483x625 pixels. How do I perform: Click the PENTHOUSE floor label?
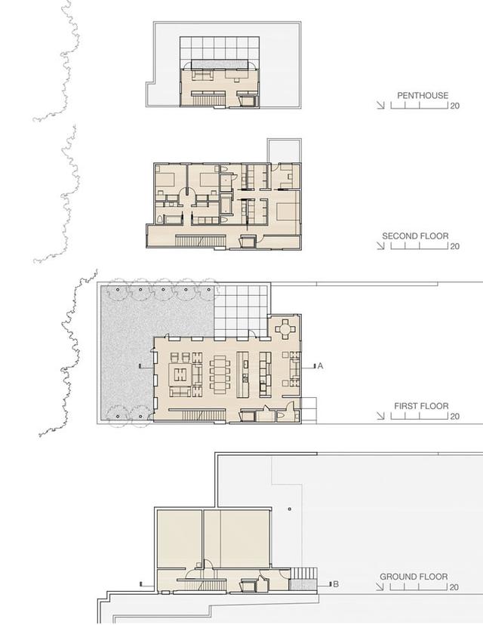coord(423,95)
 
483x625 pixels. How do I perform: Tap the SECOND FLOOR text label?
coord(415,236)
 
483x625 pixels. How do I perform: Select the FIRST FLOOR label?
coord(421,406)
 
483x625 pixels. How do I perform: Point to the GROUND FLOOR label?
coord(414,577)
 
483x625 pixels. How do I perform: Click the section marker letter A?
coord(320,365)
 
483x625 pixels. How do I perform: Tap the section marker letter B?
coord(336,584)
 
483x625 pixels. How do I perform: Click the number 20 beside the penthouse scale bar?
coord(455,106)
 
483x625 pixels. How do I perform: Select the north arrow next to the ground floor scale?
coord(380,587)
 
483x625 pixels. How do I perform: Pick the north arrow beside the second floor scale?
coord(380,246)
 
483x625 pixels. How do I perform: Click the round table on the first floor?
coord(285,329)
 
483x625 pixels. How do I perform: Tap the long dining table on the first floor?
coord(220,374)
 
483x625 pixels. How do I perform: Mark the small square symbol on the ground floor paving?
coord(290,509)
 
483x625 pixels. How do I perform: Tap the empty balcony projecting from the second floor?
coord(285,151)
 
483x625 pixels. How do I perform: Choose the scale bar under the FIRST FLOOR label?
coord(420,416)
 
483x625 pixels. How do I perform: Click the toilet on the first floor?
coord(280,416)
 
